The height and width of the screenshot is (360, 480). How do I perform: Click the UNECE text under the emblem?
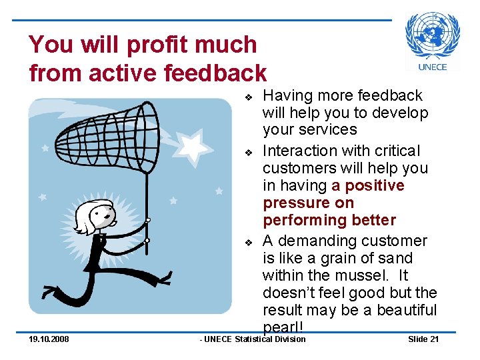(433, 67)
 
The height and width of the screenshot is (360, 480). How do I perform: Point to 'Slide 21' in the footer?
(423, 339)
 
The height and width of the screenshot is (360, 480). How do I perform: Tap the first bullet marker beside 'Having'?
(247, 97)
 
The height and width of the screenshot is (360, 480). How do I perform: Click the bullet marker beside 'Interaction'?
(247, 153)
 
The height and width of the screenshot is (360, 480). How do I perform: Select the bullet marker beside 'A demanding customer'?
(247, 242)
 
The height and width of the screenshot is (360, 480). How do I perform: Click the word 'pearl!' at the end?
(283, 327)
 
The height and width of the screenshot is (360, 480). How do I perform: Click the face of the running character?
(99, 216)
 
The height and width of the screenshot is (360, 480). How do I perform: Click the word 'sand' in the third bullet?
(398, 258)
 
